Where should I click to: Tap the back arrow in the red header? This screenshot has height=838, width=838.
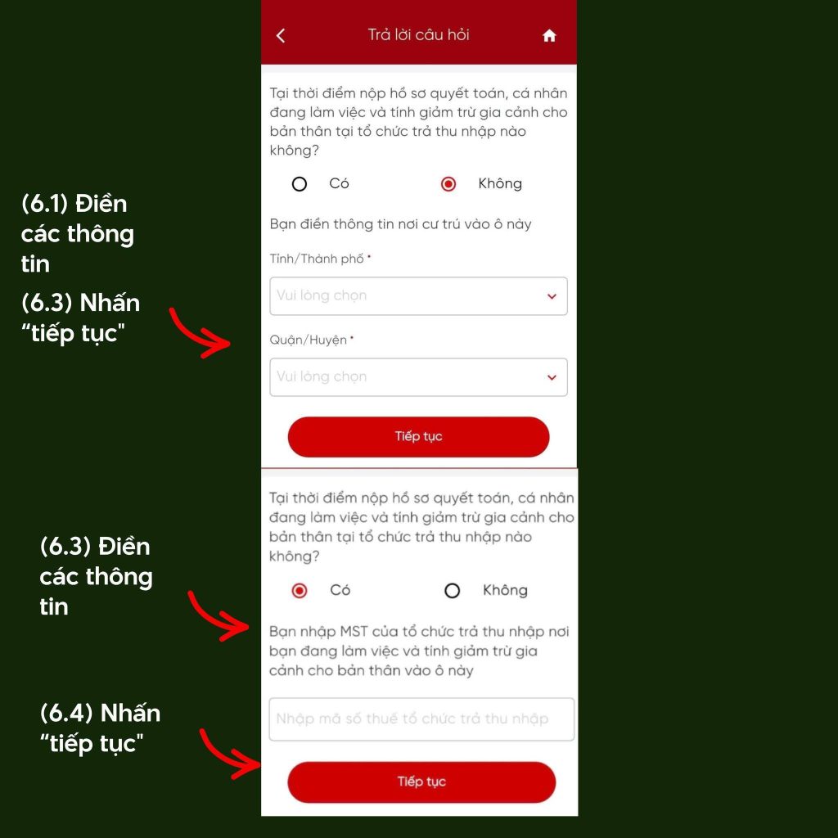coord(281,35)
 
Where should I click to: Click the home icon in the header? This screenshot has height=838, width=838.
coord(549,36)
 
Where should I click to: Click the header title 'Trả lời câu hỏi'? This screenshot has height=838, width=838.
coord(418,34)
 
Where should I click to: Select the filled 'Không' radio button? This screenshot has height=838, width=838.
coord(448,184)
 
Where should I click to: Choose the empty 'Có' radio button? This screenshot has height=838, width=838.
coord(300,184)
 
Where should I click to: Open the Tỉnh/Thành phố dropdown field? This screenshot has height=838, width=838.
coord(418,296)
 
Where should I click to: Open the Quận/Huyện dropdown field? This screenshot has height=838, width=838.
coord(418,377)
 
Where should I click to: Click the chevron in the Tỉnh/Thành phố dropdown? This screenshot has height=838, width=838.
coord(552,296)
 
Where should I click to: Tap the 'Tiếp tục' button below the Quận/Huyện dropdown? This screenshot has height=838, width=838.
coord(418,437)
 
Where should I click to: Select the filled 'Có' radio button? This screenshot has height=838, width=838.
coord(300,591)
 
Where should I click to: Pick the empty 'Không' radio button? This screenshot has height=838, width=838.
coord(452,591)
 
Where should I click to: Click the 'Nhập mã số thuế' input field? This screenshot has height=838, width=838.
coord(421,719)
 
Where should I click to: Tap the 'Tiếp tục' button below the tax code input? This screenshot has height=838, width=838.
coord(421,782)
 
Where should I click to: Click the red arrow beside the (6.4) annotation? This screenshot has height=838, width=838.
coord(224,759)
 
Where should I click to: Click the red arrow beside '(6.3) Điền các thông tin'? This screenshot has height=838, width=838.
coord(214,620)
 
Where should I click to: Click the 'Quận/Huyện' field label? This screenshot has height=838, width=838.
coord(309,340)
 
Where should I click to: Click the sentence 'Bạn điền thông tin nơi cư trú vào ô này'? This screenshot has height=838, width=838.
coord(400,224)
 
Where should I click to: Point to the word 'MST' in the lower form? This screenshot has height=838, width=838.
coord(354,632)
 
